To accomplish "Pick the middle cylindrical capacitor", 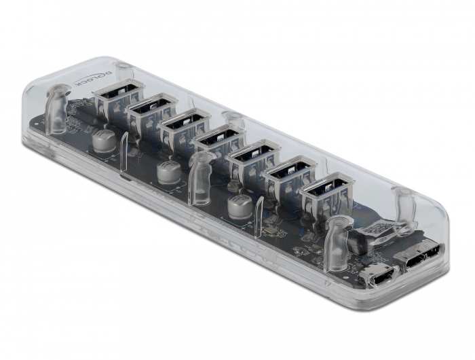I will click(x=168, y=172).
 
